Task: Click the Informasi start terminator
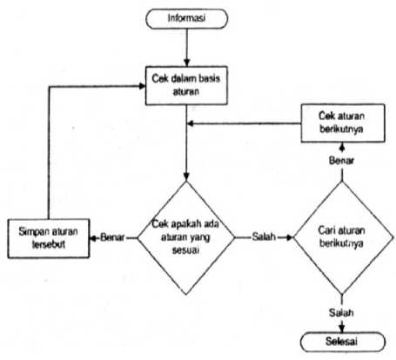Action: [186, 18]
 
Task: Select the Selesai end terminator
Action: [343, 342]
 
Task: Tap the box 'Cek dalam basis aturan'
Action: [186, 85]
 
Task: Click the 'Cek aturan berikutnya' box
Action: [343, 123]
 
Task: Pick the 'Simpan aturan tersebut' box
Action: [49, 238]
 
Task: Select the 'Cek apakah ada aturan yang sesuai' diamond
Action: [186, 237]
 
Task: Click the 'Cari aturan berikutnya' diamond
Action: [343, 237]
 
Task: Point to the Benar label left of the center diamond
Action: [112, 237]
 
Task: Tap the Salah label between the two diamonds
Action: [264, 237]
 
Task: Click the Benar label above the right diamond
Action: [342, 160]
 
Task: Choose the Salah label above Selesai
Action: [341, 312]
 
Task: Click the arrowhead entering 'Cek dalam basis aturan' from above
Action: [186, 63]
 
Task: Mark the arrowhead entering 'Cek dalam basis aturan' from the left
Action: [142, 86]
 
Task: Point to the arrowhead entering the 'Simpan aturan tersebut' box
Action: [93, 238]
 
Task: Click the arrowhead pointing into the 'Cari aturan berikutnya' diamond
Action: [290, 237]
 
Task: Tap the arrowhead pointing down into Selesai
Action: [342, 329]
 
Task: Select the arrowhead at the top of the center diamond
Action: [186, 177]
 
